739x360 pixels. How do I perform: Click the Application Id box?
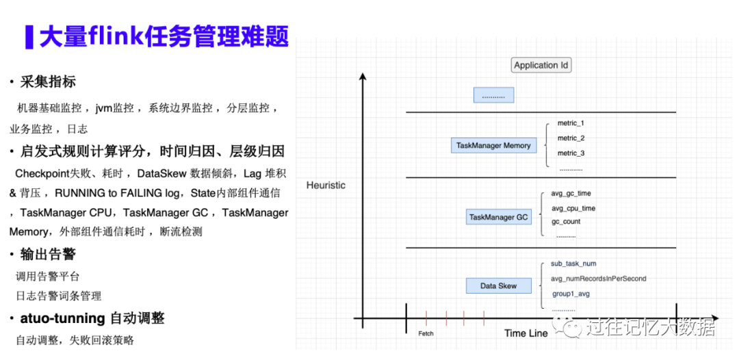[541, 66]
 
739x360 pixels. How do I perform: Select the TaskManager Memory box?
[493, 146]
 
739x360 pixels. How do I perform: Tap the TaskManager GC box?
[498, 218]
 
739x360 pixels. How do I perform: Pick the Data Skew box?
[498, 286]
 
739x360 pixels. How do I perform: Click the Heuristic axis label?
[326, 185]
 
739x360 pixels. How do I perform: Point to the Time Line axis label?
[526, 333]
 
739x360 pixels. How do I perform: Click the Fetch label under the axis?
[426, 333]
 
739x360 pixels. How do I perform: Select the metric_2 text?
[571, 138]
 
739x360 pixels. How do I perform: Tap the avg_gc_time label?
[571, 194]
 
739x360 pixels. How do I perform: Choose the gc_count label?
[566, 222]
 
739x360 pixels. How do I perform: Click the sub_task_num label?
[573, 263]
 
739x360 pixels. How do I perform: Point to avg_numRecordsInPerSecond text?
[598, 279]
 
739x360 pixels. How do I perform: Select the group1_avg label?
[571, 294]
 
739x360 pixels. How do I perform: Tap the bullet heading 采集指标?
[48, 82]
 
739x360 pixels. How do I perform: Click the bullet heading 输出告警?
[48, 255]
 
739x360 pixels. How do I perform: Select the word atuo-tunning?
[62, 318]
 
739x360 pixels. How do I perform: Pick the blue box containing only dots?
[493, 96]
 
